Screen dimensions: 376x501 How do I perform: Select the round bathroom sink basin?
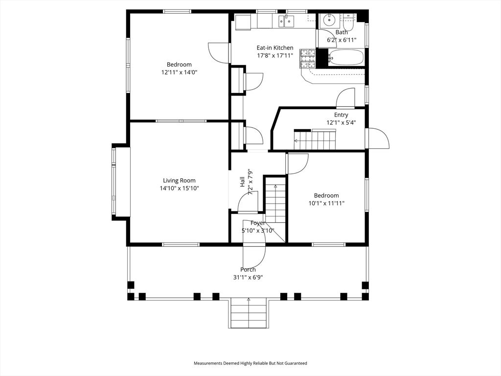pos(328,21)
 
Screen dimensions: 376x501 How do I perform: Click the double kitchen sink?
pos(286,21)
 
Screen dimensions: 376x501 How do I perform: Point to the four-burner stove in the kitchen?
pos(307,58)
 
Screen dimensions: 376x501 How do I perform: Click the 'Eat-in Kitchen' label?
pos(275,48)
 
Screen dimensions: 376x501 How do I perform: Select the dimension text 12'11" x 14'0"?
pos(179,72)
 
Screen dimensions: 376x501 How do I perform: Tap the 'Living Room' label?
pos(179,181)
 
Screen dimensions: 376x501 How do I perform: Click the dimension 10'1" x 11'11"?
pos(326,203)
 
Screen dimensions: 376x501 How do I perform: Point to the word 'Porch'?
pos(248,270)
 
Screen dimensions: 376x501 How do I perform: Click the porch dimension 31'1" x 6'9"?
pos(248,277)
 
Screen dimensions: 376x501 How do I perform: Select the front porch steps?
pos(249,313)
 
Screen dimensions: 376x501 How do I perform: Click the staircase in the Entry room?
pos(316,141)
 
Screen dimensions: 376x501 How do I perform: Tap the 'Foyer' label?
pos(258,223)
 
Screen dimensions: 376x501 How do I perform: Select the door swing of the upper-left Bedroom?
pos(219,52)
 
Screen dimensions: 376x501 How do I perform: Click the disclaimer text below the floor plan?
pos(250,363)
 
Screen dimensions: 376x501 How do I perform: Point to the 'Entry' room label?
pos(341,115)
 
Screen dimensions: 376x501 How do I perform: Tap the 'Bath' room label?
pos(341,32)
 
